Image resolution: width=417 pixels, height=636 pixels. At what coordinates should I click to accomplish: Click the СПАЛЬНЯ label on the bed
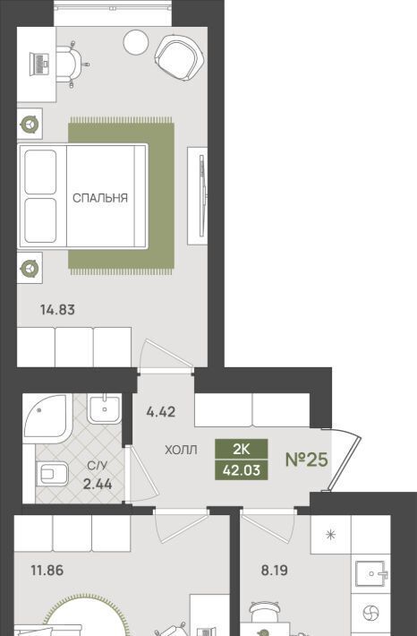click(x=100, y=198)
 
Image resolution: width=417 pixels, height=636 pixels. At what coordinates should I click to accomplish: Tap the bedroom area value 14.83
click(x=57, y=310)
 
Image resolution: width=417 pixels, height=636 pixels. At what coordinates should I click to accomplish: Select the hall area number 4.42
click(x=161, y=412)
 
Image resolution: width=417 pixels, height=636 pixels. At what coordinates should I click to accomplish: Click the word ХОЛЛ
click(x=181, y=450)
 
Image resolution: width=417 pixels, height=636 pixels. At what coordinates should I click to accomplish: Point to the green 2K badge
click(x=241, y=449)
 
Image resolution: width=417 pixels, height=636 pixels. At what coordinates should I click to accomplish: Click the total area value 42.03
click(x=241, y=470)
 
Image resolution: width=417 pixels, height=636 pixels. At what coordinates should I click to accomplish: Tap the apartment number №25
click(x=306, y=460)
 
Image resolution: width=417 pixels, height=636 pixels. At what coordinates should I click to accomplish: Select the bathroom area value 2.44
click(x=98, y=484)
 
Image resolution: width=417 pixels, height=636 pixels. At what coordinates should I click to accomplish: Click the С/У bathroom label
click(x=98, y=466)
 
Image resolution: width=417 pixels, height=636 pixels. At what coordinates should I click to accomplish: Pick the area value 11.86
click(x=47, y=571)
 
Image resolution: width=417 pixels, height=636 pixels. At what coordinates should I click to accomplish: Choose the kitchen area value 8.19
click(x=275, y=571)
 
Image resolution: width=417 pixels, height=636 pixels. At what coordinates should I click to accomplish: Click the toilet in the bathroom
click(x=52, y=474)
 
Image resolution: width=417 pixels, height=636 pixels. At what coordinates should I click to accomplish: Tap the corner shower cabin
click(x=47, y=417)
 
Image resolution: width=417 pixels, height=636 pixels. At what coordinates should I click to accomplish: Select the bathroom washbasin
click(x=104, y=408)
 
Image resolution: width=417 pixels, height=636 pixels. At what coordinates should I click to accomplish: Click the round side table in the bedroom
click(x=137, y=42)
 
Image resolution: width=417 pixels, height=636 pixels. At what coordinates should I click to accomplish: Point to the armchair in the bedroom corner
click(x=178, y=57)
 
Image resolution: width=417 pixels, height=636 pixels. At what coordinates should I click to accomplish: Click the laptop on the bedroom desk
click(x=38, y=64)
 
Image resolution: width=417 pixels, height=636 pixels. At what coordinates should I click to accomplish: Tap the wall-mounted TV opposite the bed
click(x=202, y=196)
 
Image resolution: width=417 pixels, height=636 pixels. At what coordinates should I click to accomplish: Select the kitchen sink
click(x=370, y=574)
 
